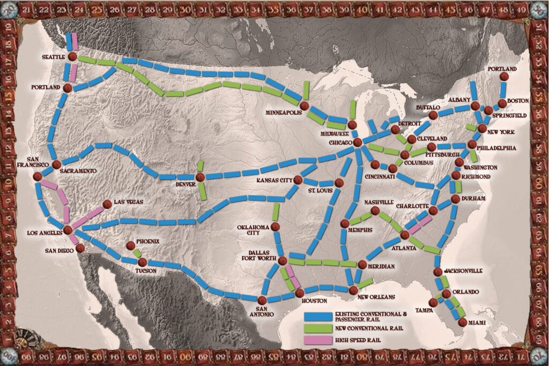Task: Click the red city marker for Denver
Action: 200,177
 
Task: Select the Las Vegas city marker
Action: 106,204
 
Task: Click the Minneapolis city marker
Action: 305,106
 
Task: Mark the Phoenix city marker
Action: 130,246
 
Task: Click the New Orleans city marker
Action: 353,290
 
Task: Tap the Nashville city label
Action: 379,202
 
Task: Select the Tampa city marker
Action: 433,303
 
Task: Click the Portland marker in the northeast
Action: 503,77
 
